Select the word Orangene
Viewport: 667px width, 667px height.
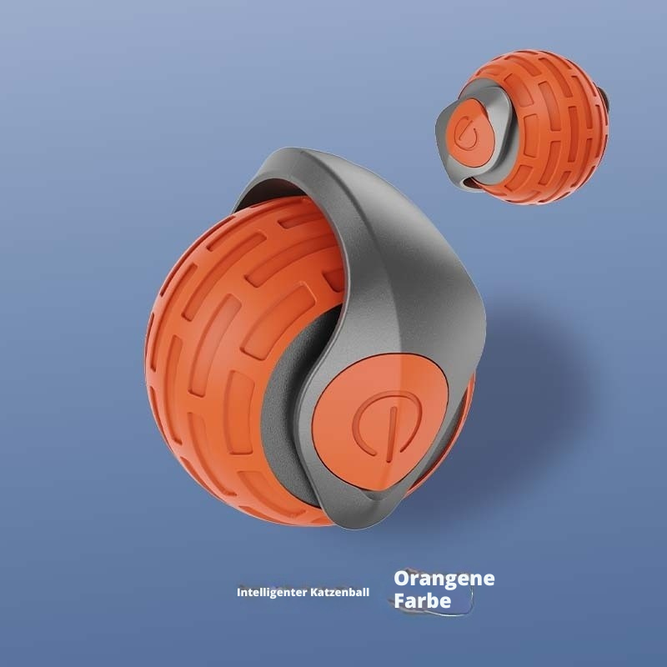(444, 579)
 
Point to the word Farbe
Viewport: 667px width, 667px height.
(423, 600)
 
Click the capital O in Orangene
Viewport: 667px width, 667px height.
(402, 579)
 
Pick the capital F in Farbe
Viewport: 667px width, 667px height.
(400, 600)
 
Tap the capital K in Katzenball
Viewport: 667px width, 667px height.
(318, 595)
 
